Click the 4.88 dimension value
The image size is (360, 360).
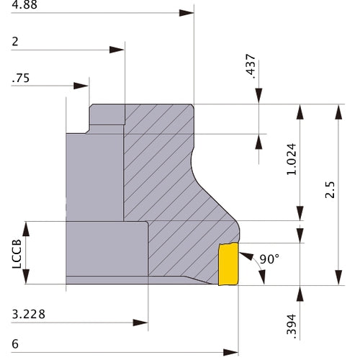(24, 5)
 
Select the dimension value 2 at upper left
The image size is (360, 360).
(15, 42)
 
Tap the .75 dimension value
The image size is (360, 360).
(21, 78)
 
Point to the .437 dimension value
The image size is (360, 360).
(251, 66)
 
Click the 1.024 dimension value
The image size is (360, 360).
(292, 159)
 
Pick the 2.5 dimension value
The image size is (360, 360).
(330, 189)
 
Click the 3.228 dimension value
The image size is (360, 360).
(29, 315)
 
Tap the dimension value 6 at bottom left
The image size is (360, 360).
(15, 344)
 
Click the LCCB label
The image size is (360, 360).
(17, 254)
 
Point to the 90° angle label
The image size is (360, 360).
(269, 259)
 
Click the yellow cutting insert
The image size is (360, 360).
(228, 264)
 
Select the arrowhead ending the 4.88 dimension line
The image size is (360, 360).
(186, 13)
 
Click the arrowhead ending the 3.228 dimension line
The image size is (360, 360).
(140, 323)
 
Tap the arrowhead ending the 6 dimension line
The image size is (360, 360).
(230, 353)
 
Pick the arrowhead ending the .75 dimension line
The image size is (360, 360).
(81, 86)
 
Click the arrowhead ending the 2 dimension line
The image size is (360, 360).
(117, 50)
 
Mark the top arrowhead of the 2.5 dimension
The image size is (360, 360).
(338, 112)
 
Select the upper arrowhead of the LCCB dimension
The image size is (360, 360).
(26, 229)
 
